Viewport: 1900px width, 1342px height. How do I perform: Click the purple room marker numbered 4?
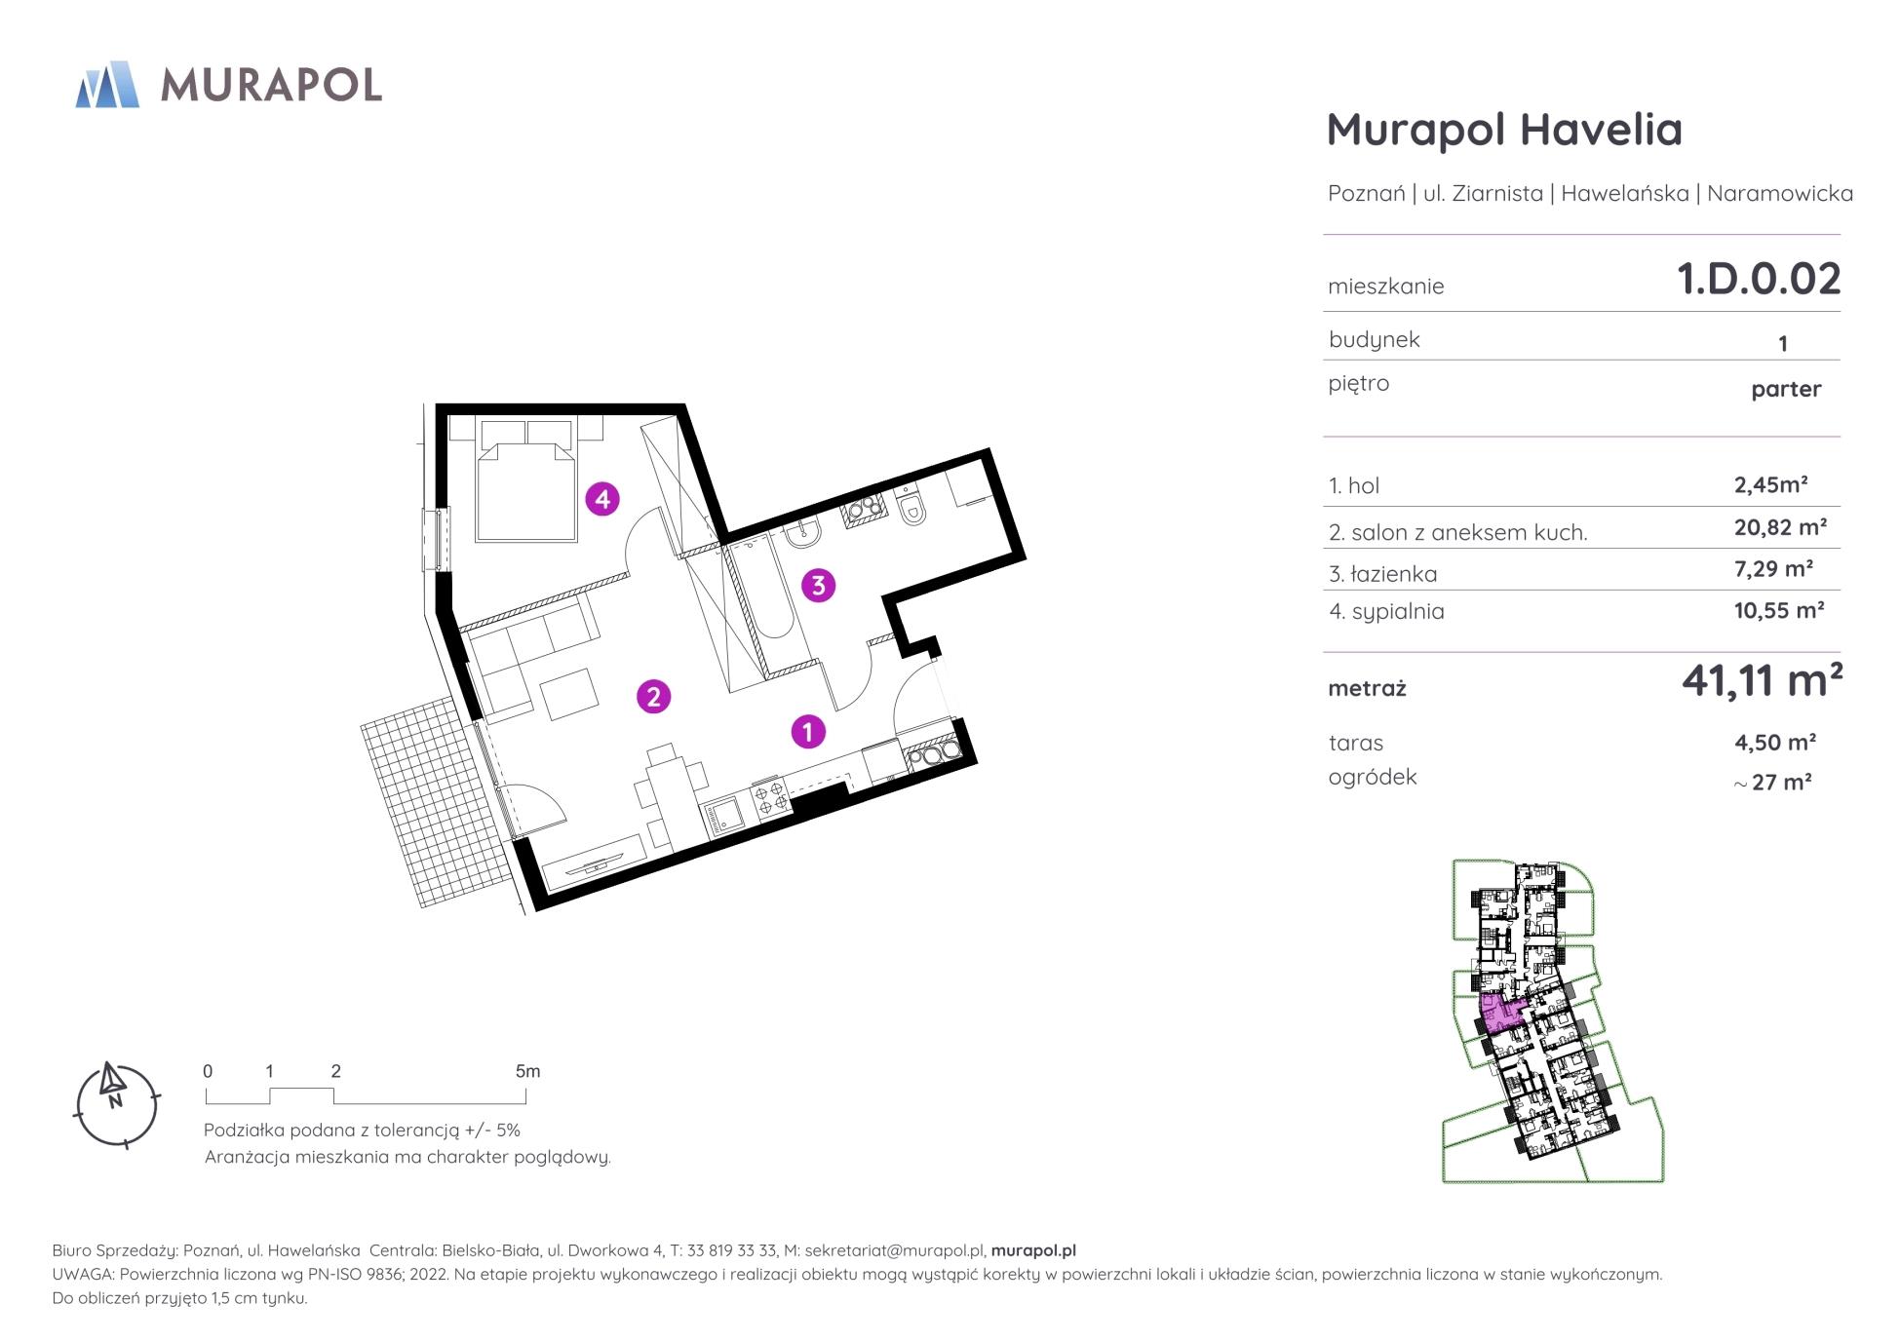[602, 499]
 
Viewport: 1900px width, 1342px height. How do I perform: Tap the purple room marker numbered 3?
[818, 585]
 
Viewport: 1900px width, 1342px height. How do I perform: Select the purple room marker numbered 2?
[653, 696]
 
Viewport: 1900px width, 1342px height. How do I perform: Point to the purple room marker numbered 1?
[807, 731]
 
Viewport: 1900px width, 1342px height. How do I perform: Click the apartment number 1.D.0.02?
[1758, 279]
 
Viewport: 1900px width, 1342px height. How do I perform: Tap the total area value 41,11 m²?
[1762, 679]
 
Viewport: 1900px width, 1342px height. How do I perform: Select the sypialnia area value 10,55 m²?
[1779, 610]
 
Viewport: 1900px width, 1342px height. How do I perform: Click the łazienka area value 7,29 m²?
[1773, 568]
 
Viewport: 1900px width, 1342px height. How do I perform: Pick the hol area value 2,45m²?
[1771, 484]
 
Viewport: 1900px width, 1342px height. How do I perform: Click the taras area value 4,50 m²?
[1774, 742]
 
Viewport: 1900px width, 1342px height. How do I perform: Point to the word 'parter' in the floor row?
[1786, 389]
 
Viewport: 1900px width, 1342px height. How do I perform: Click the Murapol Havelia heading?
[1504, 130]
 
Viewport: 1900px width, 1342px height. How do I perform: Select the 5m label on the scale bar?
[527, 1071]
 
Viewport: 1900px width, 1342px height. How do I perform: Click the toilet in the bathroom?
[911, 507]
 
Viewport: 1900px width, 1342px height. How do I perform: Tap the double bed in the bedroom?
[525, 479]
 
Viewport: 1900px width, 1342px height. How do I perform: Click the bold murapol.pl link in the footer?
[1033, 1250]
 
